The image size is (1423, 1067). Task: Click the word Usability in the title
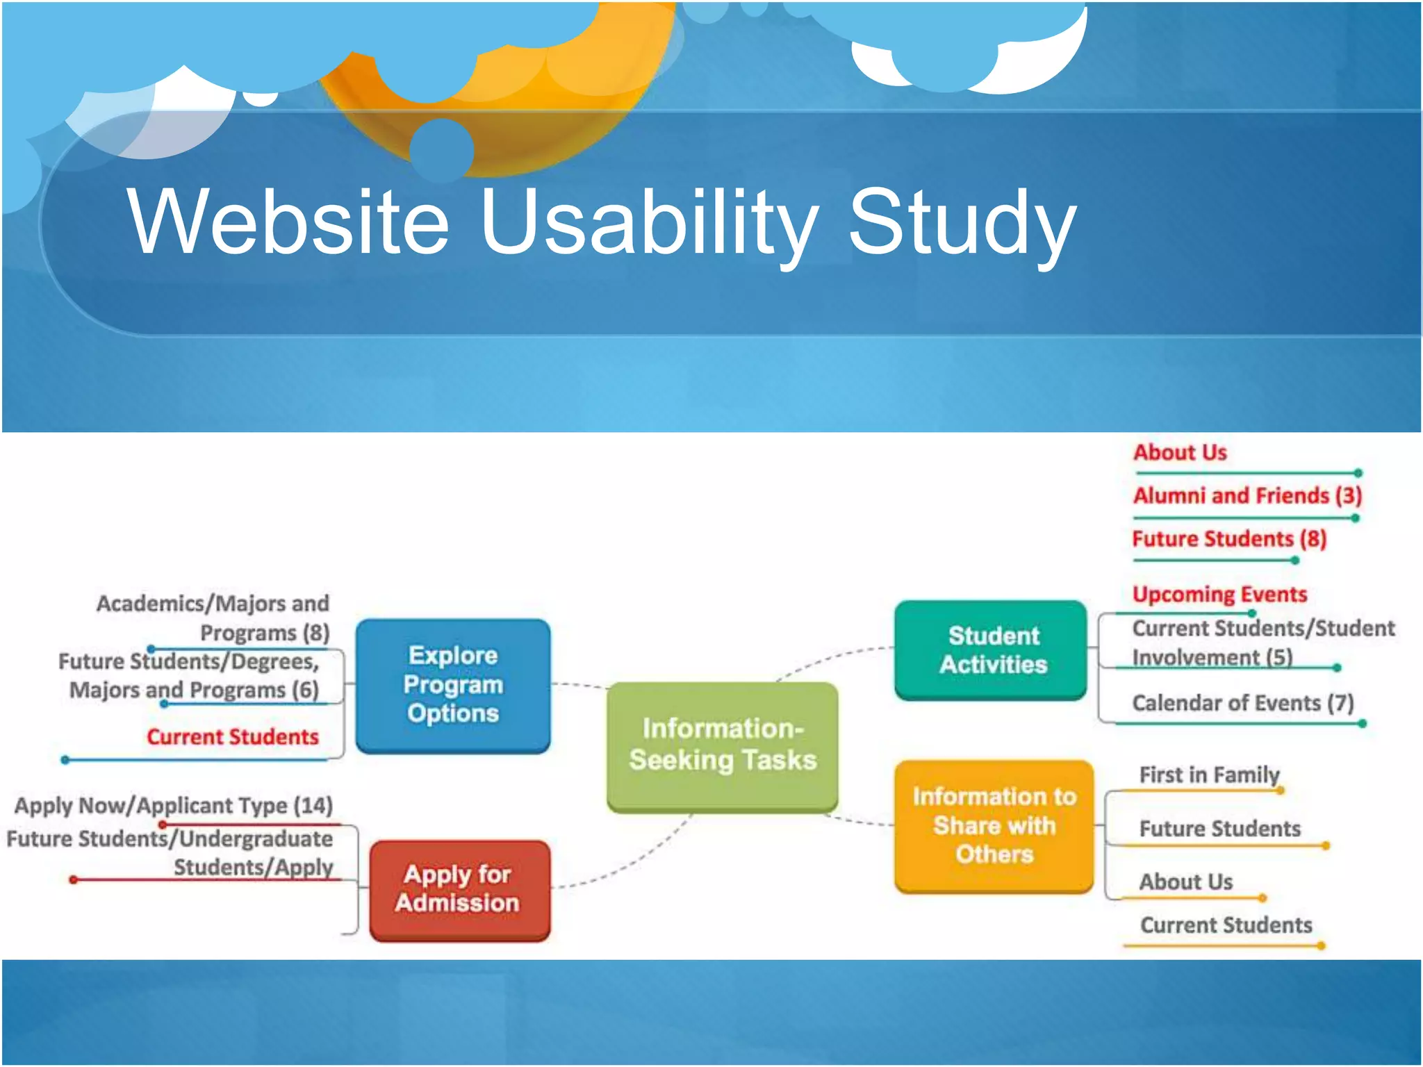[x=650, y=222]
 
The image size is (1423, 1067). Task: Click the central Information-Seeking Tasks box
[x=723, y=745]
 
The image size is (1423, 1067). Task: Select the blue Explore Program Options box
[x=453, y=684]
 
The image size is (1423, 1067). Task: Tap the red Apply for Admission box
[x=459, y=888]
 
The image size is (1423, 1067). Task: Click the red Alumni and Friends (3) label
[x=1247, y=495]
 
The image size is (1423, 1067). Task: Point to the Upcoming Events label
[x=1219, y=594]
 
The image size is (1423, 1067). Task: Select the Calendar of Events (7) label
[x=1242, y=702]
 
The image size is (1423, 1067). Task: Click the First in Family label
[x=1209, y=774]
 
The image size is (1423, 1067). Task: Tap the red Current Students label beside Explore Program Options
[x=232, y=736]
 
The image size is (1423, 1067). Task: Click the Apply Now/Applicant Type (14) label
[x=174, y=805]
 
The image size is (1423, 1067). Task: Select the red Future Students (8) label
[x=1228, y=538]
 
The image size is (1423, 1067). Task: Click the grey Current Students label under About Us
[x=1226, y=925]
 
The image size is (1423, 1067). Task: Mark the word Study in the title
[x=962, y=222]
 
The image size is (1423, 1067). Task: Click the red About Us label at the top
[x=1179, y=452]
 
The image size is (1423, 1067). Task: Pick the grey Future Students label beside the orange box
[x=1219, y=828]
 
